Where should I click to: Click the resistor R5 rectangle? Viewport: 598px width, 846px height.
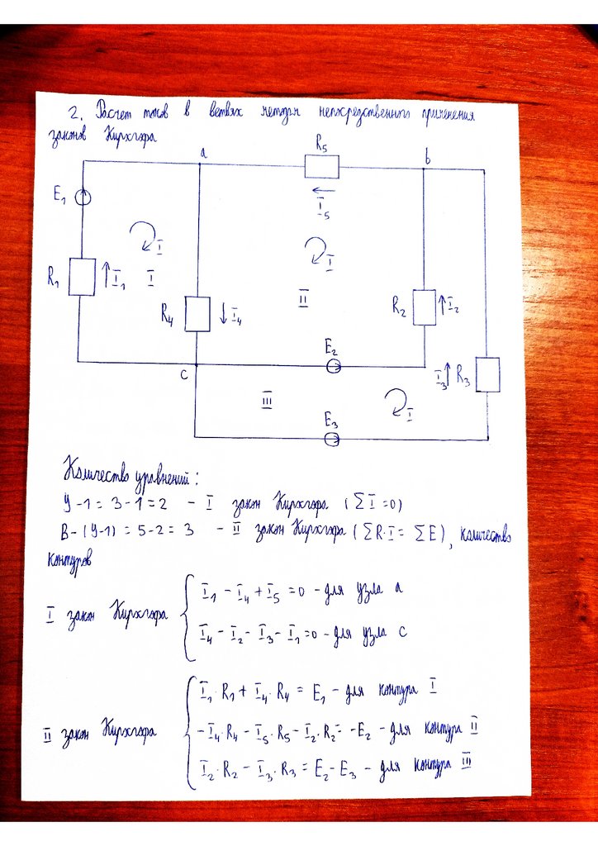tap(321, 168)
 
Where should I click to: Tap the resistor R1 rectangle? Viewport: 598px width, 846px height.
tap(82, 276)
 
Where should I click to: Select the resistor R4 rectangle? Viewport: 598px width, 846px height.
tap(197, 314)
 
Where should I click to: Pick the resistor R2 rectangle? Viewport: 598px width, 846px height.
tap(424, 307)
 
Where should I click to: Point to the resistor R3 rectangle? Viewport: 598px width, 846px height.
tap(488, 374)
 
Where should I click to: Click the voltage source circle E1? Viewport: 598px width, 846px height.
tap(83, 197)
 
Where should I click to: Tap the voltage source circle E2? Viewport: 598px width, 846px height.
tap(333, 367)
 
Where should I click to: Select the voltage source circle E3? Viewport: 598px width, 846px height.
tap(332, 439)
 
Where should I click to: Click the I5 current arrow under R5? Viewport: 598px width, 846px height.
tap(320, 192)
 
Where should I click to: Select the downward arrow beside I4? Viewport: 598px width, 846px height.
tap(223, 313)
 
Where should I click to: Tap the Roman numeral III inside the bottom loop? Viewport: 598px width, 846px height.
tap(267, 401)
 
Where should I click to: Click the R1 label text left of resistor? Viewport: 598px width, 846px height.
tap(54, 278)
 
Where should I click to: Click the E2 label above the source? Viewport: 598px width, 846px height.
tap(330, 349)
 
